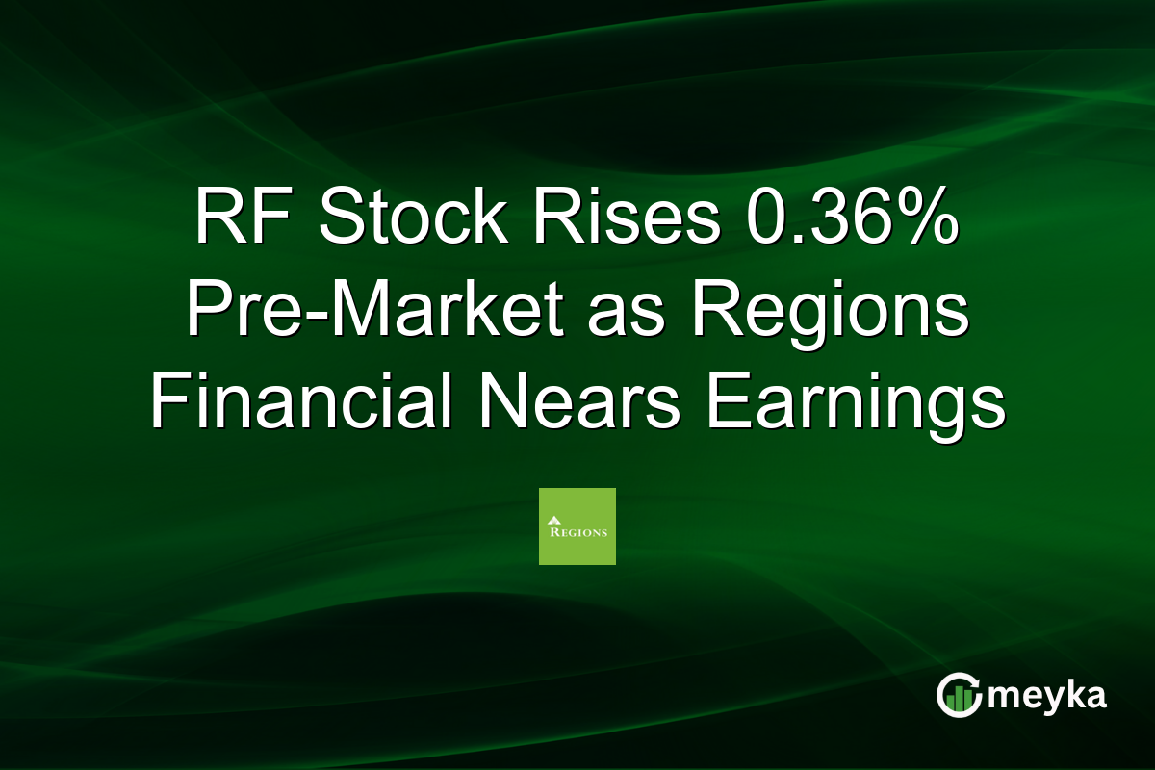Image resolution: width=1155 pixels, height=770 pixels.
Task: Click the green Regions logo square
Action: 577,526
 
